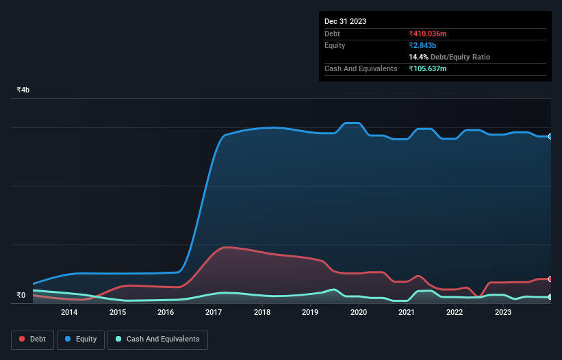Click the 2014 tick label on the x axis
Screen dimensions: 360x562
pyautogui.click(x=69, y=313)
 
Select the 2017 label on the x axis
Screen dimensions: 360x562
pyautogui.click(x=214, y=313)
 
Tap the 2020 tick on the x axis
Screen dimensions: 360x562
pyautogui.click(x=358, y=313)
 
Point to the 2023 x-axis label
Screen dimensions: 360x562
pyautogui.click(x=502, y=313)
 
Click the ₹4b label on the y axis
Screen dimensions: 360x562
pyautogui.click(x=23, y=90)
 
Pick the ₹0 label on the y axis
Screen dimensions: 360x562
pyautogui.click(x=21, y=296)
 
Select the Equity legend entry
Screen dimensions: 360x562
pyautogui.click(x=81, y=339)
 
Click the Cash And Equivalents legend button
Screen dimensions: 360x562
pyautogui.click(x=157, y=339)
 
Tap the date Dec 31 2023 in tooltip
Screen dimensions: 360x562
pyautogui.click(x=345, y=21)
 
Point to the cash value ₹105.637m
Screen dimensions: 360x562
pyautogui.click(x=432, y=68)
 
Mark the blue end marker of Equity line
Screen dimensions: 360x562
pyautogui.click(x=550, y=136)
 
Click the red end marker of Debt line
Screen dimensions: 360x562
pyautogui.click(x=550, y=279)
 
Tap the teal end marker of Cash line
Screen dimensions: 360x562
pyautogui.click(x=550, y=297)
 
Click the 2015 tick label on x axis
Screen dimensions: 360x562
pyautogui.click(x=117, y=313)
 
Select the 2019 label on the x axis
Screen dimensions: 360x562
pyautogui.click(x=310, y=313)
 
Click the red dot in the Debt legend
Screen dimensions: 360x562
pyautogui.click(x=22, y=339)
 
